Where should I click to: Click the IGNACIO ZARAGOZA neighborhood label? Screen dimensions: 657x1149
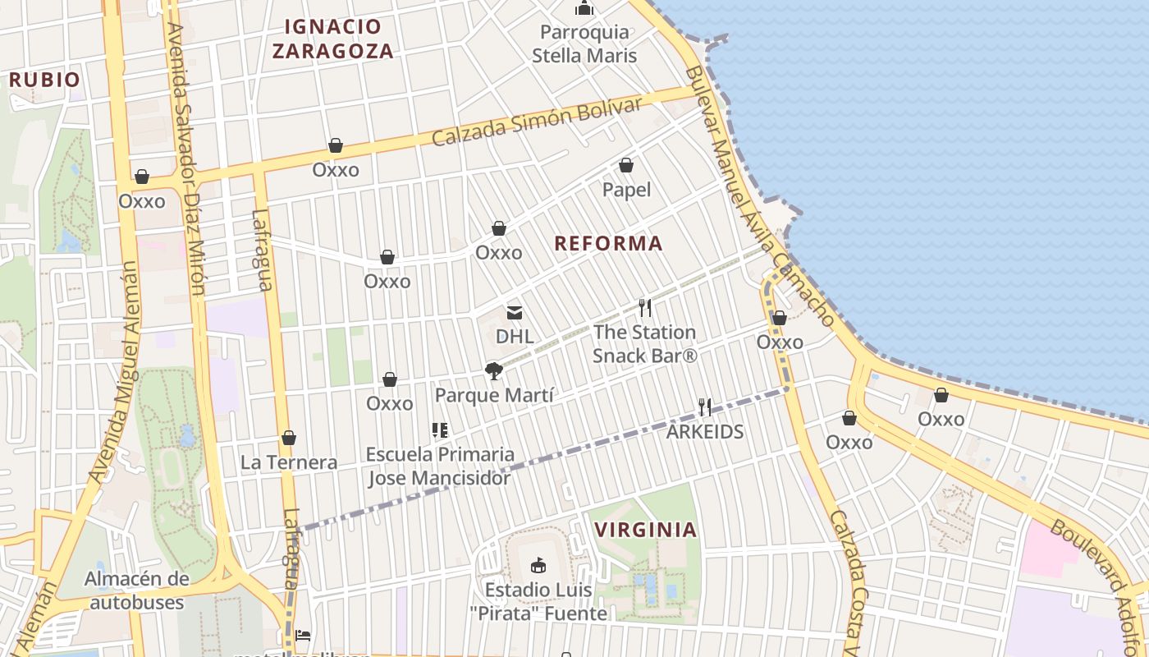click(x=332, y=39)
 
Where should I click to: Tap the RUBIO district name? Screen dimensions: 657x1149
click(x=44, y=80)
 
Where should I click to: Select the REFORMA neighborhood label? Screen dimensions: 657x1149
click(x=608, y=243)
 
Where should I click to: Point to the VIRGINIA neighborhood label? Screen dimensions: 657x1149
click(x=645, y=530)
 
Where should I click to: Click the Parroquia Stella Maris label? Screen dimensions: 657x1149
click(x=584, y=44)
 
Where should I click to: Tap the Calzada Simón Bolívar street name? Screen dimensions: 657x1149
click(x=537, y=122)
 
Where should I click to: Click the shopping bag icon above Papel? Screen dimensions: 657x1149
click(x=626, y=166)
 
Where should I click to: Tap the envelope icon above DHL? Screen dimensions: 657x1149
click(x=515, y=313)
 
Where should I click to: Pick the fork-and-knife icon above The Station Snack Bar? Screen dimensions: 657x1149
click(x=645, y=308)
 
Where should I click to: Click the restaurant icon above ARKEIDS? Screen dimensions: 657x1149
click(x=704, y=407)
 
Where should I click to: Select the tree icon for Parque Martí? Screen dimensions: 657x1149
click(x=493, y=371)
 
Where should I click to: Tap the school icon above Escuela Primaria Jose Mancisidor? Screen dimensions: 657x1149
click(x=440, y=430)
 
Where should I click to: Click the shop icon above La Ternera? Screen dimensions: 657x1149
click(x=288, y=438)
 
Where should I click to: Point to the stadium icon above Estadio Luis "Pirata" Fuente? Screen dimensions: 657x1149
click(x=538, y=565)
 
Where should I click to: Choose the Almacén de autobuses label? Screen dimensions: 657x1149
click(x=137, y=590)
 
